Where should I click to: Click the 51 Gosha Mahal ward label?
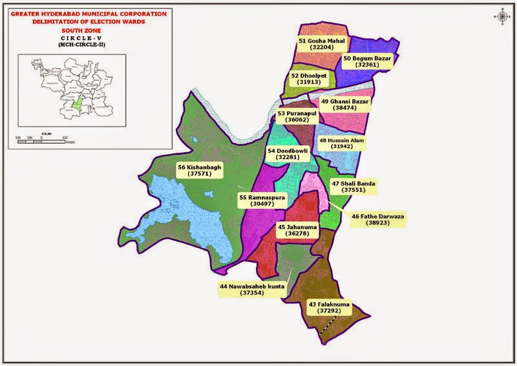(322, 44)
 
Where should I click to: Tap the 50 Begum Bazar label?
(368, 62)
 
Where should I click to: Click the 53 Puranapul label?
(301, 117)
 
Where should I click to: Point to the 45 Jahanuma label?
(298, 231)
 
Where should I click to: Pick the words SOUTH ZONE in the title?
(79, 30)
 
